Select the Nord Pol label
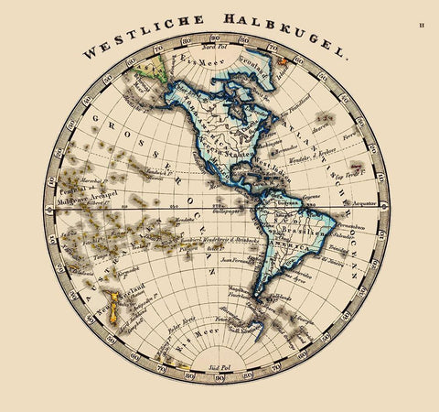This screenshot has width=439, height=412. (213, 47)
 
